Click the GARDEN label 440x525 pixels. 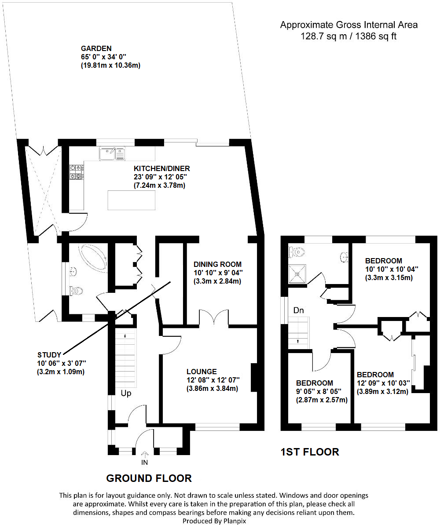click(x=96, y=48)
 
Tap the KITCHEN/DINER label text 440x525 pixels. click(x=161, y=168)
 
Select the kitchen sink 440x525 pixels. click(x=113, y=153)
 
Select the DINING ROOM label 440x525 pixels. click(x=217, y=264)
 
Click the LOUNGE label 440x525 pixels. click(x=201, y=372)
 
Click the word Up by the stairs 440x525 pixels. click(x=126, y=393)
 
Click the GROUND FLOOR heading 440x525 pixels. click(x=149, y=478)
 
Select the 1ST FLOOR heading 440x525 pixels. click(x=310, y=452)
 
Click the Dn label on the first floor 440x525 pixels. click(x=299, y=310)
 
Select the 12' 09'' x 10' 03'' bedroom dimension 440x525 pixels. click(x=382, y=383)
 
